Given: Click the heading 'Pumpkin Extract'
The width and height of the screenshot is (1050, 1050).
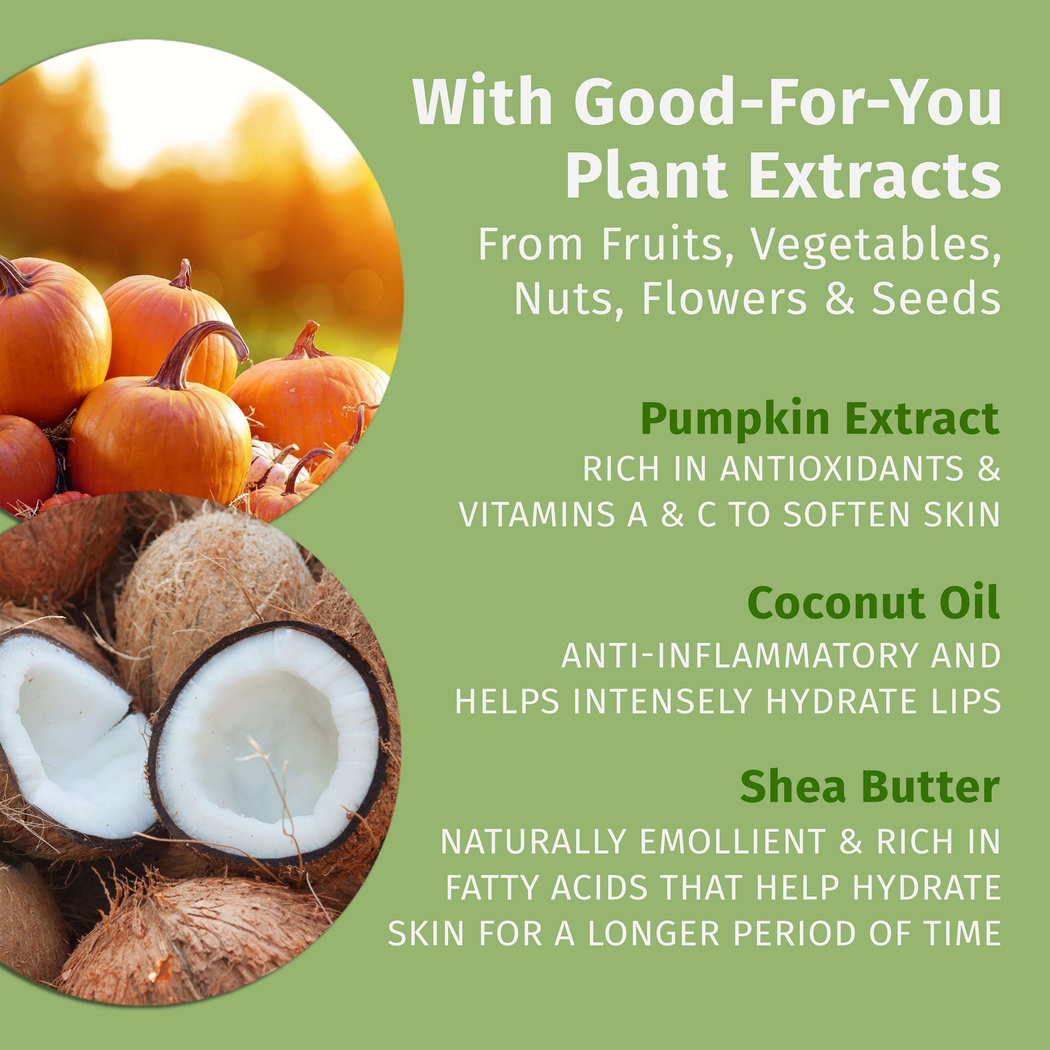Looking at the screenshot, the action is coord(820,419).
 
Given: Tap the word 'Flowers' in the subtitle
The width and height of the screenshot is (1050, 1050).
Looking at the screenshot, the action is coord(724,299).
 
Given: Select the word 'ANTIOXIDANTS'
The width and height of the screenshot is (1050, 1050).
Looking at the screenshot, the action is coord(842,469).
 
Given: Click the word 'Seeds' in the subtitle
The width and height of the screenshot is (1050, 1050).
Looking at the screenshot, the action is coord(936,299).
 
